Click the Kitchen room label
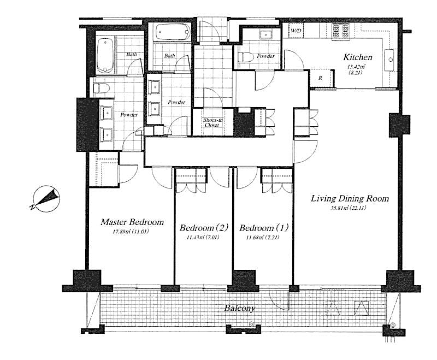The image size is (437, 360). click(358, 57)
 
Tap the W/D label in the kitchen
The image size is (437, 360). click(296, 31)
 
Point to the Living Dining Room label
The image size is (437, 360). click(350, 198)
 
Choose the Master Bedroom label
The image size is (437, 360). click(132, 222)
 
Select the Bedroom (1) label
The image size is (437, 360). click(264, 228)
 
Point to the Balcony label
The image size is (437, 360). click(240, 308)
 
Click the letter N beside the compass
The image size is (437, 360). click(32, 207)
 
